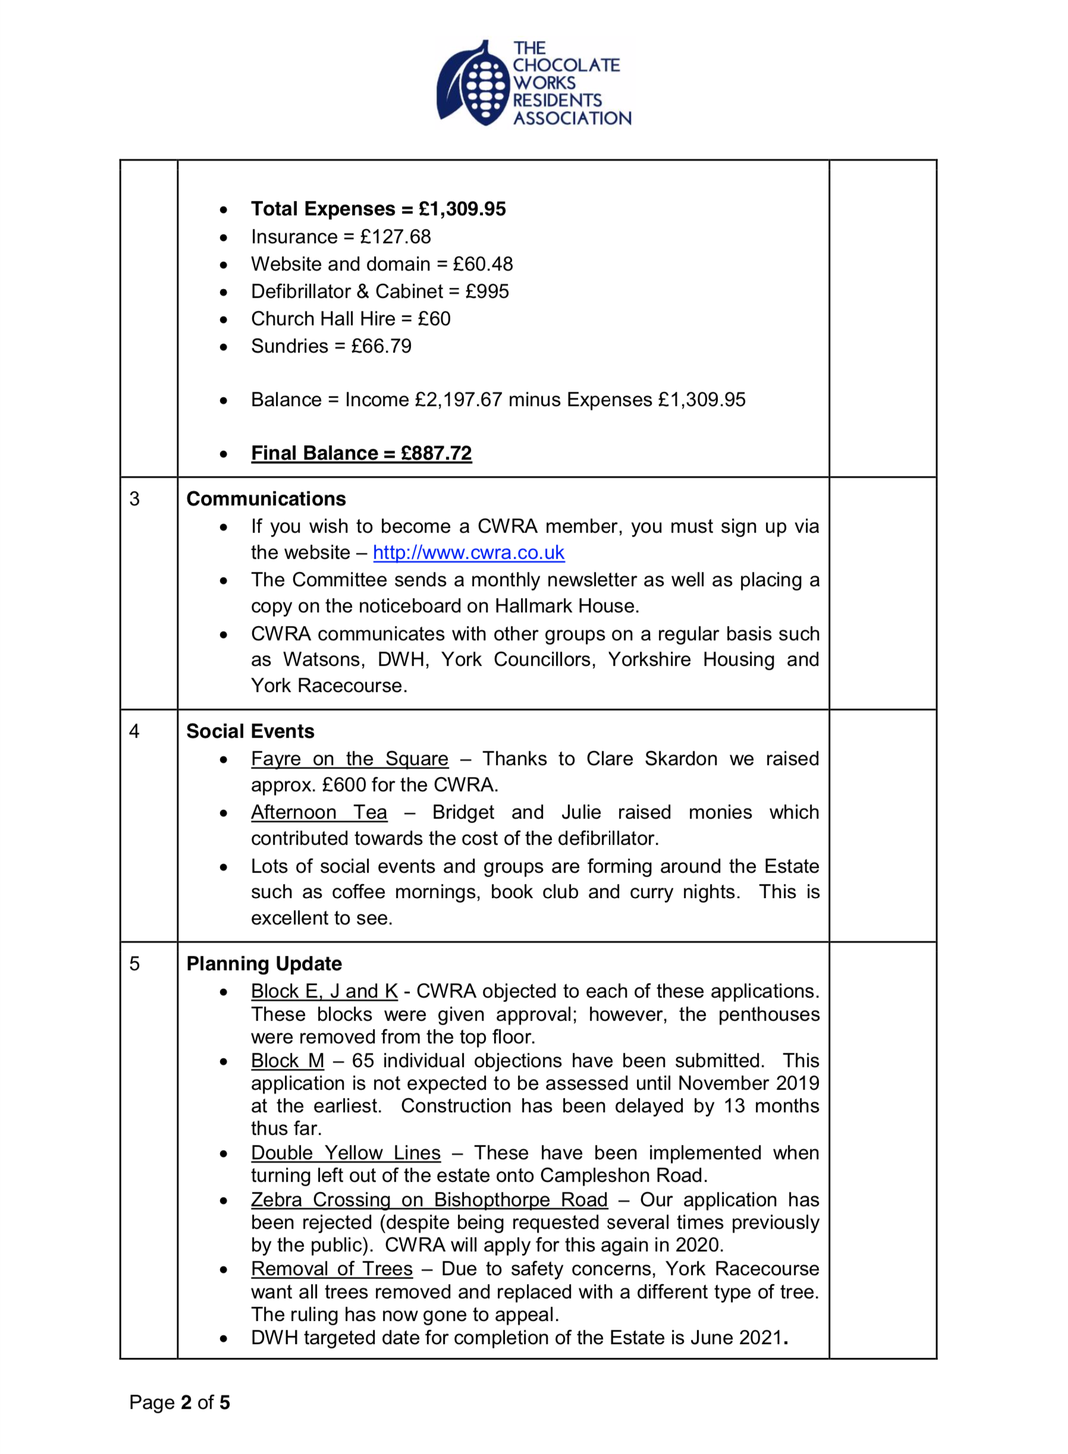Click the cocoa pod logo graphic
tap(472, 84)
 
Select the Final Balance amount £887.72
tap(436, 453)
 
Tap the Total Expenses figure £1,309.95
tap(461, 209)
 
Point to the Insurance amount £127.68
tap(395, 237)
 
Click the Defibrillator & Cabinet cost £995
tap(487, 291)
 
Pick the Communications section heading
tap(266, 499)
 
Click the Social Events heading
tap(250, 731)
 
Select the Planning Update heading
tap(264, 964)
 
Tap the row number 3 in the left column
tap(134, 499)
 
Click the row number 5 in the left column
tap(134, 964)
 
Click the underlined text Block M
tap(287, 1061)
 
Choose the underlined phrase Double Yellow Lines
tap(345, 1153)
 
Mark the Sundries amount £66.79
tap(381, 347)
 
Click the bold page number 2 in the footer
tap(186, 1402)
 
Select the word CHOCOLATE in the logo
tap(566, 65)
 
